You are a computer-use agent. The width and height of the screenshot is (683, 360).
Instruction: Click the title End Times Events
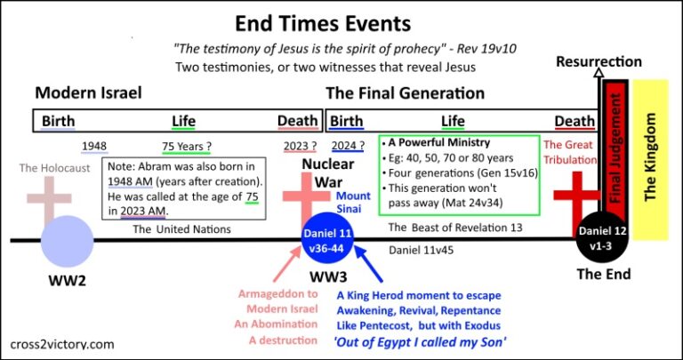pos(323,24)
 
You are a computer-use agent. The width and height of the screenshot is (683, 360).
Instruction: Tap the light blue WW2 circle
pos(67,241)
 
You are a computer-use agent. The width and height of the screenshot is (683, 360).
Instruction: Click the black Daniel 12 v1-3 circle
pos(602,237)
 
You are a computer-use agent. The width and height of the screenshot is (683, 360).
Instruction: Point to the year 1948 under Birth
pos(94,147)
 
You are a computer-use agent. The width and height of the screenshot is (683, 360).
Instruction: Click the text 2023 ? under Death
pos(300,148)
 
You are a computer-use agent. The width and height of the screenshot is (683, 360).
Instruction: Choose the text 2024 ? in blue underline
pos(348,148)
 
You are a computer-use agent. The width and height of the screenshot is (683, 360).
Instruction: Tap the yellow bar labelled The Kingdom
pos(650,159)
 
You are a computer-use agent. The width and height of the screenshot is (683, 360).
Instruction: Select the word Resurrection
pos(599,62)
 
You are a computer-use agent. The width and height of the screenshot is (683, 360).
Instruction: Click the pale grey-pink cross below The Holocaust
pos(49,199)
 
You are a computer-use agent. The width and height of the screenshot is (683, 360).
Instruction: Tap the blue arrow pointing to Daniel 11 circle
pos(369,264)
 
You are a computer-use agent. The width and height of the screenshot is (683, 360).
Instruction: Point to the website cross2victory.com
pos(61,345)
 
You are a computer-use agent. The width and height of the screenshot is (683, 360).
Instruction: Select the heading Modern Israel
pos(88,93)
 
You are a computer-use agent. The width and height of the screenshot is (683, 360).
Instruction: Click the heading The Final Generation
pos(406,93)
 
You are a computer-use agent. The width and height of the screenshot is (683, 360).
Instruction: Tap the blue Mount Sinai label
pos(353,203)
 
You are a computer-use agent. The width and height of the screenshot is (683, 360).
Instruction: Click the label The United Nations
pos(181,229)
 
